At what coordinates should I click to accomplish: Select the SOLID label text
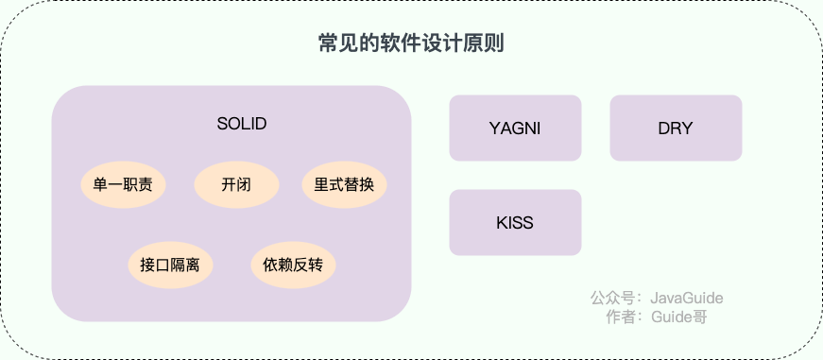pos(242,124)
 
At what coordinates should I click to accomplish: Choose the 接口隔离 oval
pos(170,265)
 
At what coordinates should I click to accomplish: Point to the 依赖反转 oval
pos(293,265)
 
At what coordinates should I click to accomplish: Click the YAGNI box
pos(515,129)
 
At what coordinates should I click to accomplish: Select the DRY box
pos(676,129)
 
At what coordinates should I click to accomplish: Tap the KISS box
pos(515,223)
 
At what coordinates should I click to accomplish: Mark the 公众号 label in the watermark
pos(612,299)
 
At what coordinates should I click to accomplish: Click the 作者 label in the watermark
pos(622,317)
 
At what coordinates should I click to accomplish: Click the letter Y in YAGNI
pos(494,129)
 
